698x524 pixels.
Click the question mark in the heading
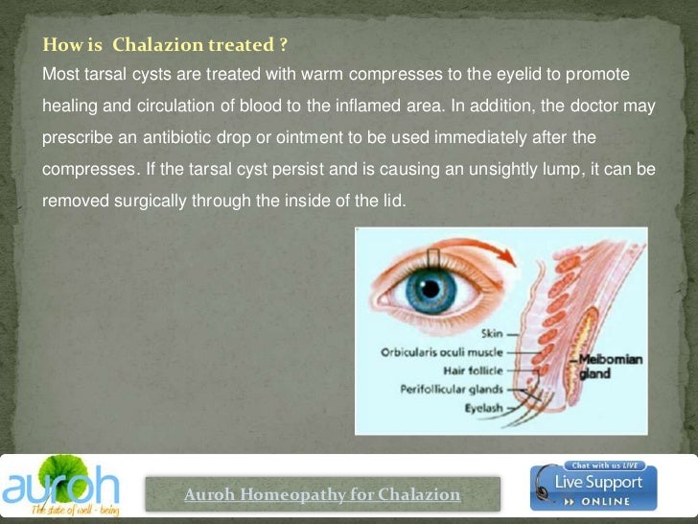coord(284,45)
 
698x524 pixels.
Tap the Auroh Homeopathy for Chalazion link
coord(322,495)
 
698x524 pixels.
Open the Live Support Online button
coord(593,488)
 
